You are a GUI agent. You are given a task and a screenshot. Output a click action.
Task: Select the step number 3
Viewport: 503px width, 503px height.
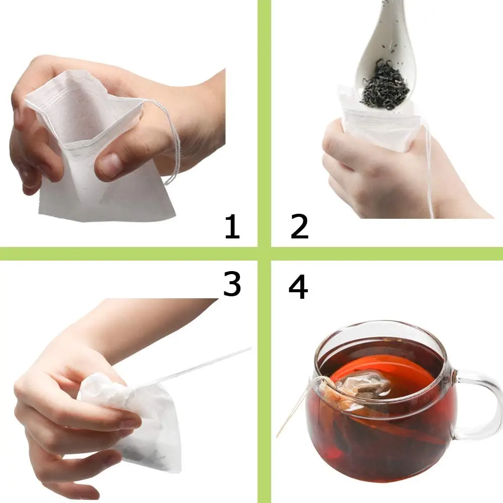tap(232, 285)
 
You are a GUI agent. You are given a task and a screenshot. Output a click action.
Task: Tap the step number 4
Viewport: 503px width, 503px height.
tap(298, 288)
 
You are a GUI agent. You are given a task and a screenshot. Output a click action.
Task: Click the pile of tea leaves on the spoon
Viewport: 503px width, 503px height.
tap(385, 86)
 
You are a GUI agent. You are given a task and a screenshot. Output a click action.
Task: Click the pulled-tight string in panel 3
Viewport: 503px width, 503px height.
tap(201, 365)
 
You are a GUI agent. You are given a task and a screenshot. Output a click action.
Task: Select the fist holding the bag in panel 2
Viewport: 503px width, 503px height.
tap(352, 161)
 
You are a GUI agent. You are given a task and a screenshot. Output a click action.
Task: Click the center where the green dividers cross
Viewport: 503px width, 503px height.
tap(264, 254)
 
